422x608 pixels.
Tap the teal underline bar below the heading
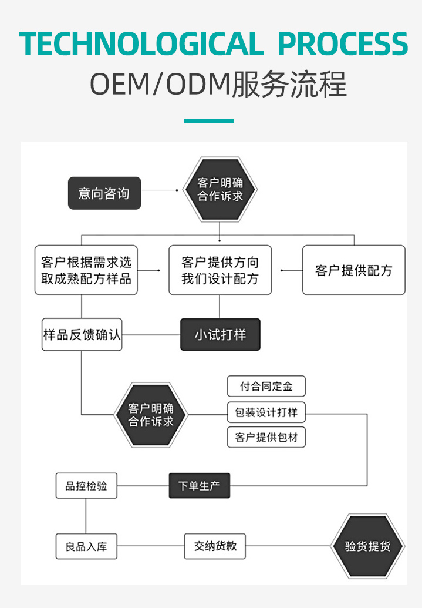click(208, 121)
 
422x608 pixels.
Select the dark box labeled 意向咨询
click(104, 193)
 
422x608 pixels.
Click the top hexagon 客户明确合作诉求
click(220, 189)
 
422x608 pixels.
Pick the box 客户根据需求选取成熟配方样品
click(86, 270)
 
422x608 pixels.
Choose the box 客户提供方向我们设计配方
click(220, 270)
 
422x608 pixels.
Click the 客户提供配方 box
click(354, 270)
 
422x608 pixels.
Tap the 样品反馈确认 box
click(82, 335)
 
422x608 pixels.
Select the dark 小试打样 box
click(220, 335)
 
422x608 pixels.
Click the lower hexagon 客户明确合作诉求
click(151, 415)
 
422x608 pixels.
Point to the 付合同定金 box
click(266, 386)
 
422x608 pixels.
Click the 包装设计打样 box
click(266, 412)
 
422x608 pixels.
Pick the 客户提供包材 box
click(266, 438)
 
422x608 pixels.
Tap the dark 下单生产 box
click(200, 485)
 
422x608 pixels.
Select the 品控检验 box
click(86, 485)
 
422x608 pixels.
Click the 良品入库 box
click(86, 546)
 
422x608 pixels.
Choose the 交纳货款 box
click(215, 546)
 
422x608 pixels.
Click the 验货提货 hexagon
click(367, 546)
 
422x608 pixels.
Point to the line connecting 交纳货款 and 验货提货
click(288, 546)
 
